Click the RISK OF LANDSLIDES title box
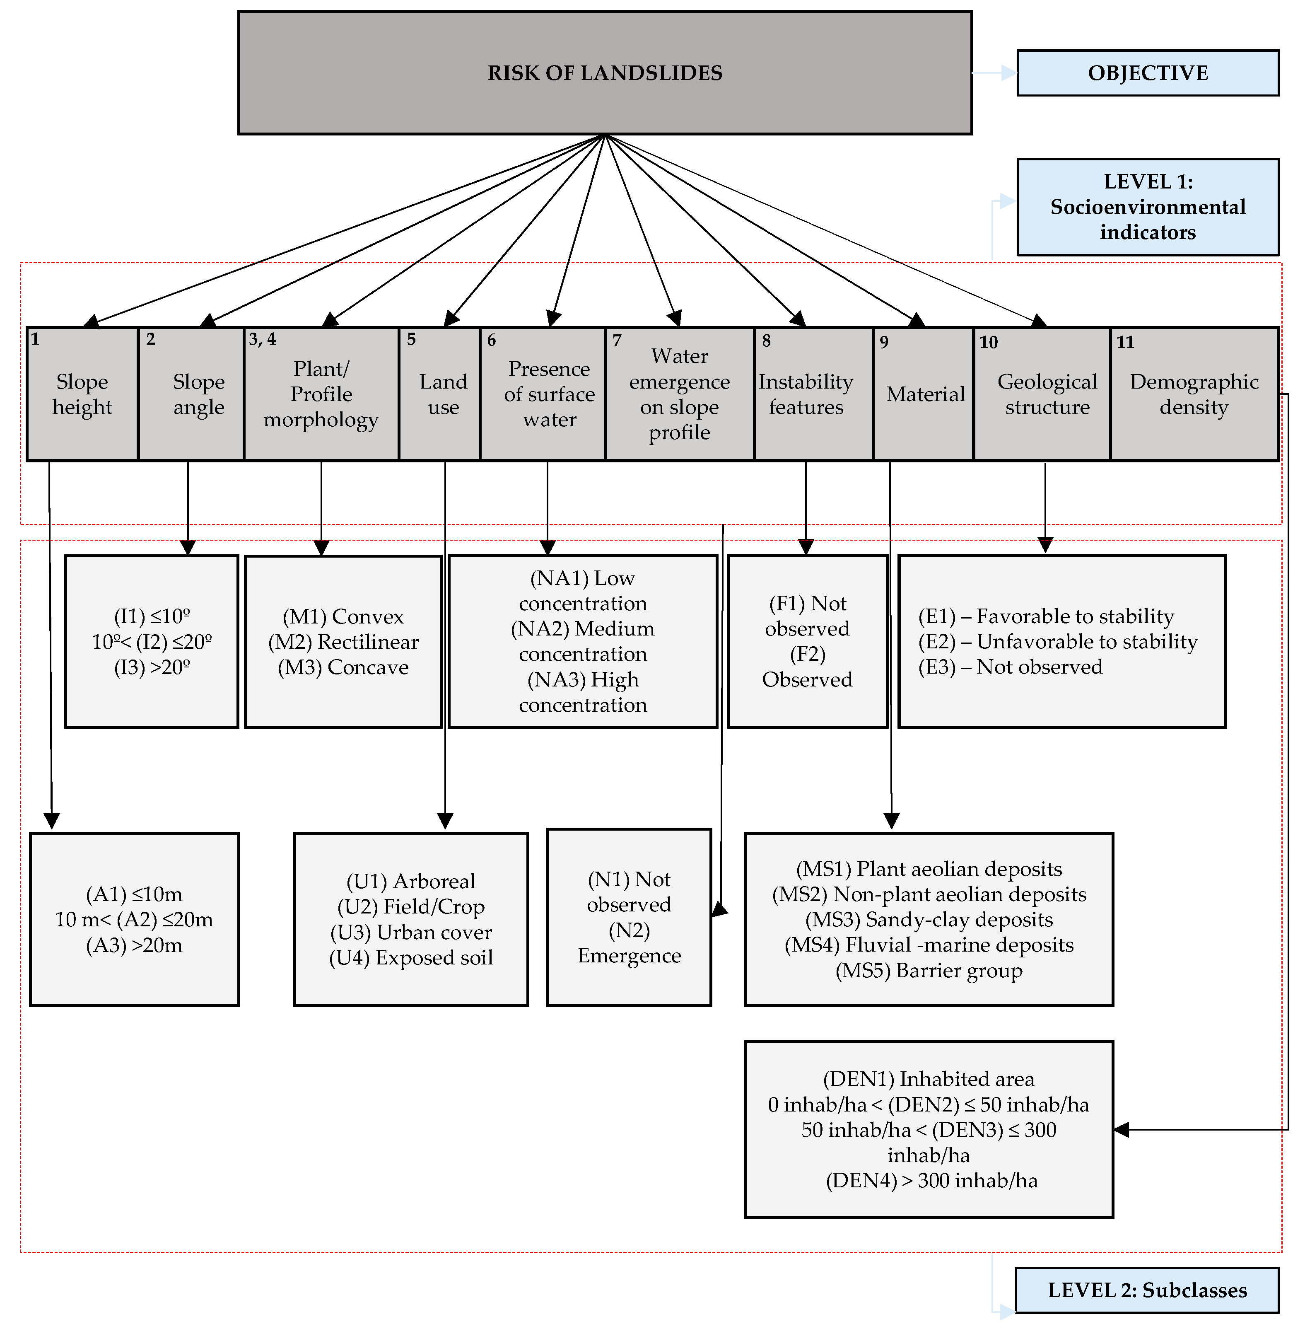tap(605, 72)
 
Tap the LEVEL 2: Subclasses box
tap(1147, 1290)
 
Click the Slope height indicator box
tap(82, 394)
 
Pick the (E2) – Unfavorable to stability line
tap(1058, 641)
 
